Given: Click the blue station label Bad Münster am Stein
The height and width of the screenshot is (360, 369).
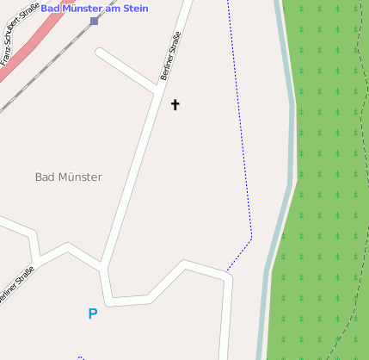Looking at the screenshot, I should coord(95,8).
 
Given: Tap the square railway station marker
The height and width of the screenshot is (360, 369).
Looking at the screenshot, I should coord(94,20).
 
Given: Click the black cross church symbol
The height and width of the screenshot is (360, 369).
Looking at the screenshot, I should coord(175,105).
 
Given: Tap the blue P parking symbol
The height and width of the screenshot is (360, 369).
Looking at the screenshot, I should coord(93,314).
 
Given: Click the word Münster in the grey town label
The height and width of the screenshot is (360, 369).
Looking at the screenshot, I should coord(79,177).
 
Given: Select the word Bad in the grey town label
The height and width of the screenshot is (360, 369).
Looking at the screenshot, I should coord(44,177).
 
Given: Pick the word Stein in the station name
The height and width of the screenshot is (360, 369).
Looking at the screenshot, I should coord(135,8).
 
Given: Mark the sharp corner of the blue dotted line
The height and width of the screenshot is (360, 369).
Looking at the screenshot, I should coord(251,238).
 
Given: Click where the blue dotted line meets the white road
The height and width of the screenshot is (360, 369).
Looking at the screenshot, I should coord(226,272).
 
